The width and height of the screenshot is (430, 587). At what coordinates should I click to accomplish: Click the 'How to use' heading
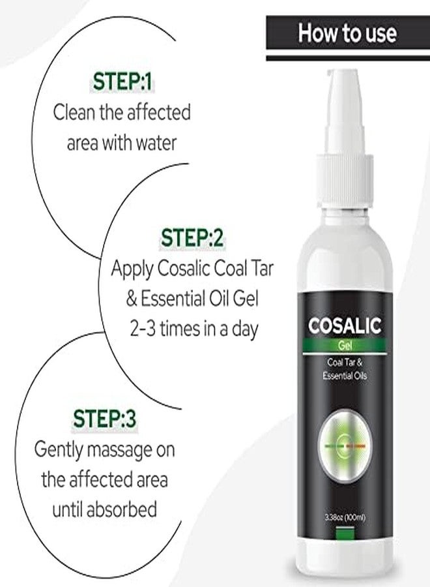(x=347, y=33)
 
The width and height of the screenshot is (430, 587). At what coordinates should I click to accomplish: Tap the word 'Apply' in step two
(x=132, y=268)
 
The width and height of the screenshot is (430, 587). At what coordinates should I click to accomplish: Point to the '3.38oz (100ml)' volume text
(x=345, y=517)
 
